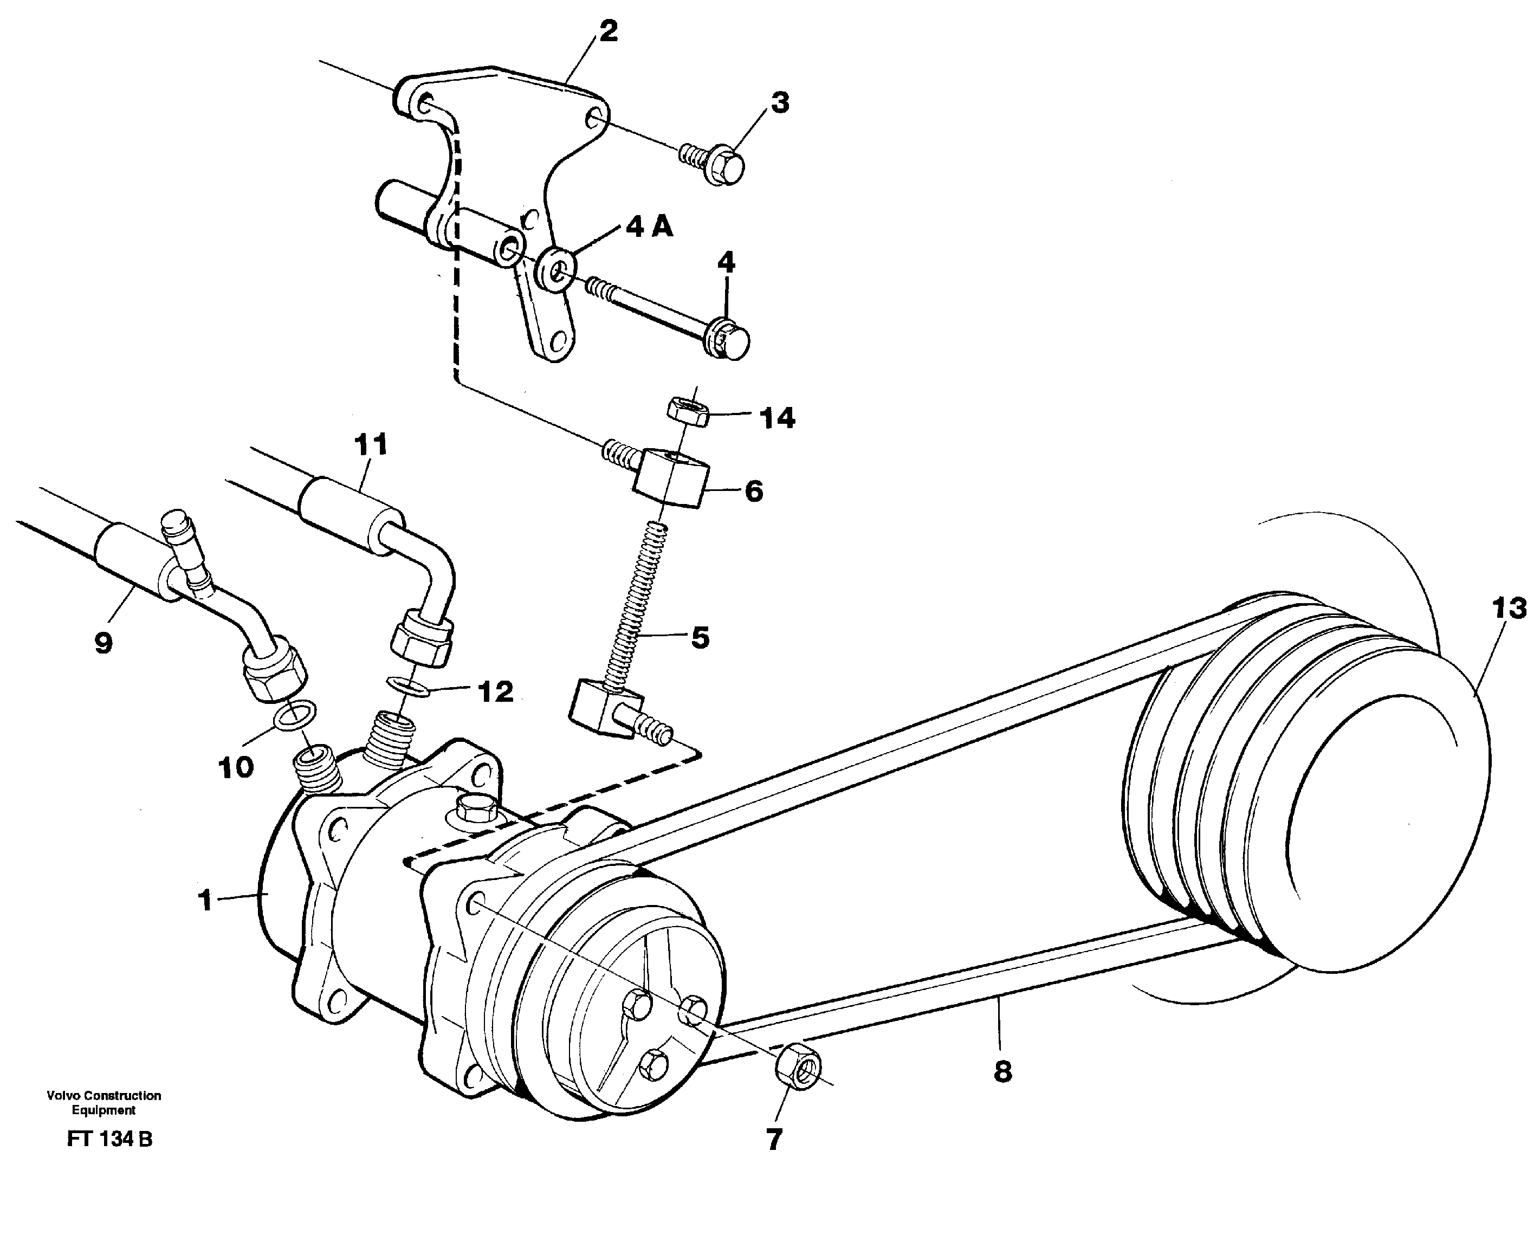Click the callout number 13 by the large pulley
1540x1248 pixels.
(x=1509, y=609)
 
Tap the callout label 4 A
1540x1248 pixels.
(x=649, y=228)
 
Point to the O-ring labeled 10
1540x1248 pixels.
(x=295, y=715)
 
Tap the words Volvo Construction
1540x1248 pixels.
(x=103, y=1096)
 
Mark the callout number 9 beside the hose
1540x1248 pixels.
(x=103, y=643)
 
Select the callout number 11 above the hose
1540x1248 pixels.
(x=371, y=444)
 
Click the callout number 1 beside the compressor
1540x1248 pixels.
(x=205, y=900)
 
